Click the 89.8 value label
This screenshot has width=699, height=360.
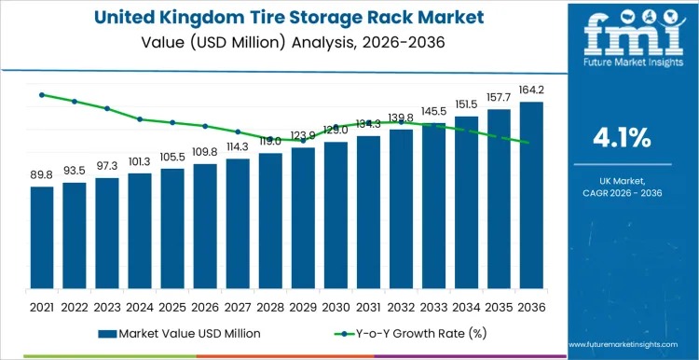coord(42,174)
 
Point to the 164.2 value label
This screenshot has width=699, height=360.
coord(531,90)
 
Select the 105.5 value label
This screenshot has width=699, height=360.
coord(172,157)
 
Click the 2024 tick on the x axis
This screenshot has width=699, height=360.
coord(140,306)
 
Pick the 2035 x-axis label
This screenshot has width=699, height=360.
coord(499,306)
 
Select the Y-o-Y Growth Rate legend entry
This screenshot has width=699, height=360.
coord(411,332)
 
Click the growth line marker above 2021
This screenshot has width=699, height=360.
coord(42,95)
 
